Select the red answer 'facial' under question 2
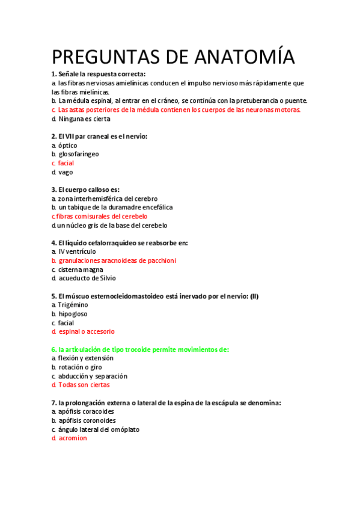click(66, 163)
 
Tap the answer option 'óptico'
click(68, 145)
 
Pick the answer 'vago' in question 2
click(66, 172)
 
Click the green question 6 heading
click(140, 349)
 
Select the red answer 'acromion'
click(72, 438)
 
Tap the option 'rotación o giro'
click(84, 367)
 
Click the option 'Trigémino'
click(73, 305)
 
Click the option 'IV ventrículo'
click(77, 251)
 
